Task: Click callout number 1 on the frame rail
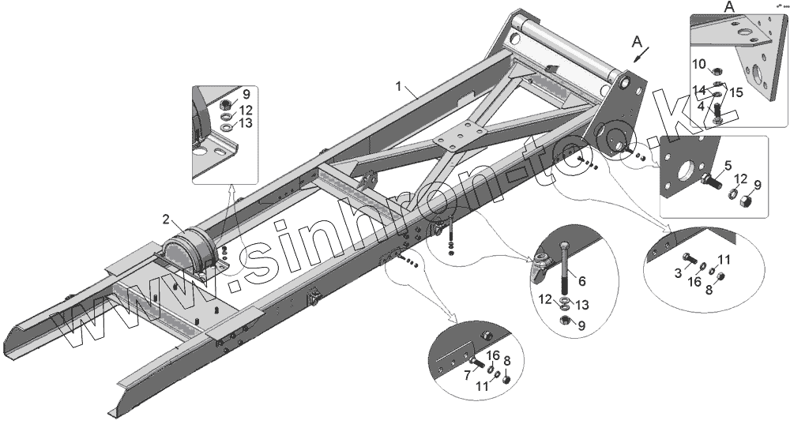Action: [x=401, y=84]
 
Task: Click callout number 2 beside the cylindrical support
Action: [x=166, y=219]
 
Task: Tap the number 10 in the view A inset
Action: [x=699, y=63]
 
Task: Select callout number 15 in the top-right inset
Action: [x=736, y=93]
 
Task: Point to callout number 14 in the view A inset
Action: [x=699, y=89]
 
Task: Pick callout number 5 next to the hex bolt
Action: [x=728, y=167]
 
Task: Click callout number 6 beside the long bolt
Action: [x=582, y=280]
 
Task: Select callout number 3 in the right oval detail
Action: [x=679, y=272]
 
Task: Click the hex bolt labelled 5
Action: [x=709, y=184]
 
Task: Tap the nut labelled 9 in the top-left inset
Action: [x=226, y=103]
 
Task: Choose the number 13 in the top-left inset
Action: [x=246, y=123]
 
